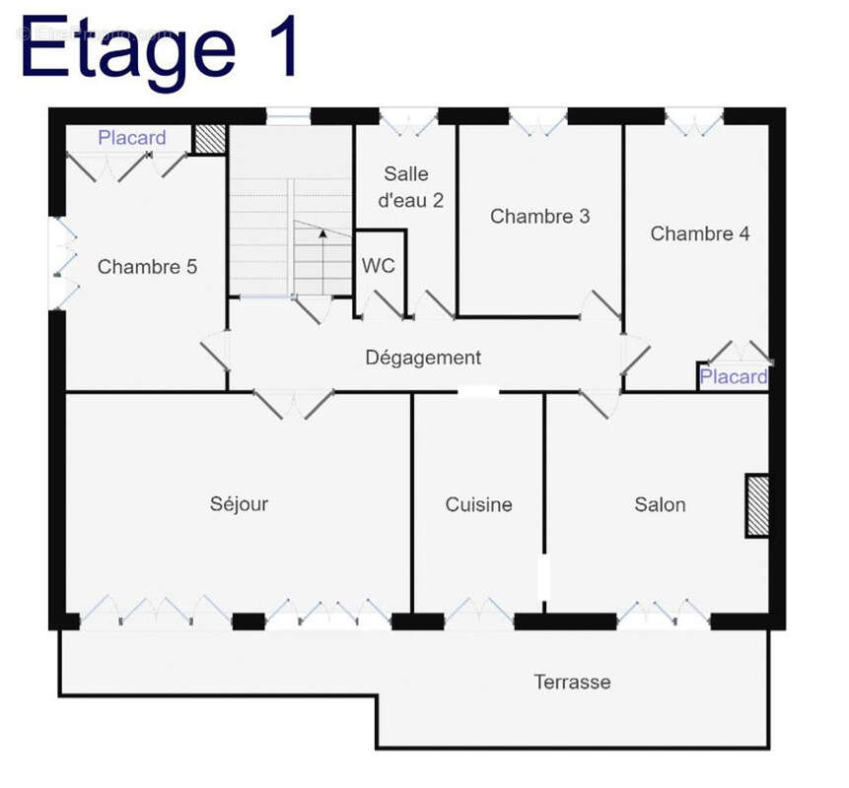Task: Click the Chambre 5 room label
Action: (x=147, y=267)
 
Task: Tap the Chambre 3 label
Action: (x=539, y=217)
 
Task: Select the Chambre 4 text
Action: (x=700, y=233)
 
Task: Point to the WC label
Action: (x=379, y=266)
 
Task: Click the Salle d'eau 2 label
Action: (x=411, y=187)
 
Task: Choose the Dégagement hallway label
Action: (x=423, y=358)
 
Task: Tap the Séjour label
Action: (x=240, y=504)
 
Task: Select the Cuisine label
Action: (x=478, y=504)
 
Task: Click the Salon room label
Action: (x=660, y=504)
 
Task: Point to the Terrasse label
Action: (x=572, y=682)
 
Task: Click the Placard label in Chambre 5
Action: (x=132, y=138)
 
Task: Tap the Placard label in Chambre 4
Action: (x=734, y=377)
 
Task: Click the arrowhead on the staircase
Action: (x=322, y=233)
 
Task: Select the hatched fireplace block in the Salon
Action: (x=757, y=506)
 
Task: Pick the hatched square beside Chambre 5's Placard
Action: (x=210, y=139)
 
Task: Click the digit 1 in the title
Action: (x=280, y=46)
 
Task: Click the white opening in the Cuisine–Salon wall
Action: (x=543, y=577)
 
